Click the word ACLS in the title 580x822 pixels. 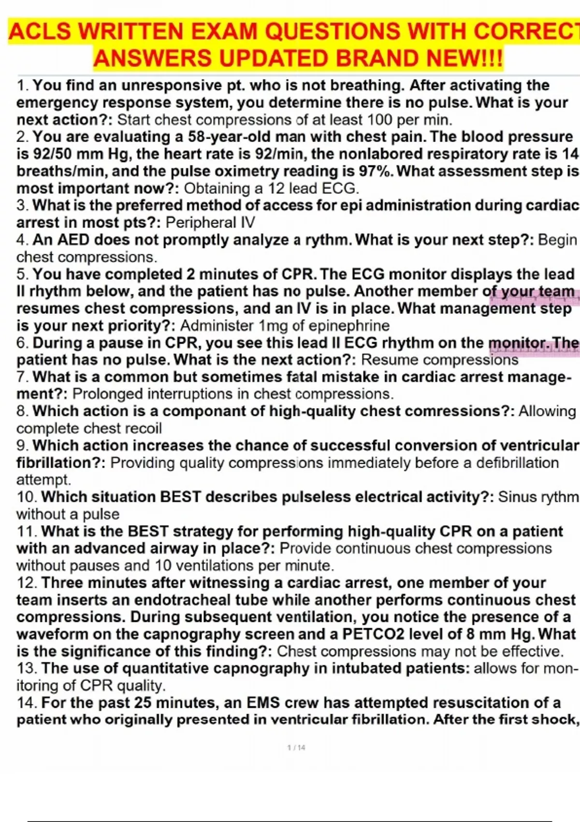(x=40, y=32)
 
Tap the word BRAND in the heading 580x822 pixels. (x=379, y=59)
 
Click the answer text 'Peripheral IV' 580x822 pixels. (x=210, y=222)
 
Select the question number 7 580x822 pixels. (x=22, y=377)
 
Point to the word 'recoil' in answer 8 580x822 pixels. (x=144, y=428)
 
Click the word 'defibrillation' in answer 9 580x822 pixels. (x=517, y=463)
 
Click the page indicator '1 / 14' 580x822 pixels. (x=296, y=748)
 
